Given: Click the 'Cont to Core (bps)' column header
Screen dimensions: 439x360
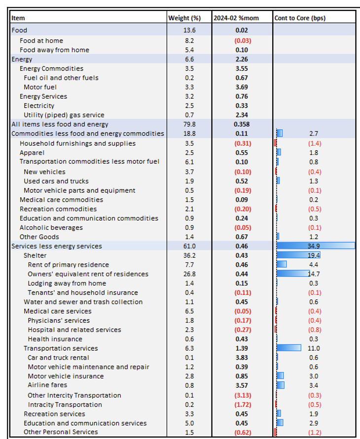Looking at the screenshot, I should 300,18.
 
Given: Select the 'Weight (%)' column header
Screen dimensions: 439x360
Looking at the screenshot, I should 184,18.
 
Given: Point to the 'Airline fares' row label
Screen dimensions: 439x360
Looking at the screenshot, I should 47,385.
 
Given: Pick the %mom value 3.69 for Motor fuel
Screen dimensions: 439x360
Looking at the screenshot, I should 242,87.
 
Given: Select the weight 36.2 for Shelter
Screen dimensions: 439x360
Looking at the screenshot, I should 189,256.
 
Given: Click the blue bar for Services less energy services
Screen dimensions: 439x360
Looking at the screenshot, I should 316,246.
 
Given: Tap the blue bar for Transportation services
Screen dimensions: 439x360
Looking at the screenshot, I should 289,348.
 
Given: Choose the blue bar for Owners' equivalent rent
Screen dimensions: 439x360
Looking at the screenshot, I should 293,274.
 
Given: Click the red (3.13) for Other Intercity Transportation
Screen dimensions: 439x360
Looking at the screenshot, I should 242,395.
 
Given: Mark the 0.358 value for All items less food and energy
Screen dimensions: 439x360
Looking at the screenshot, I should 242,124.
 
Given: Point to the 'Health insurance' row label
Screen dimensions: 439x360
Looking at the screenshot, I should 55,339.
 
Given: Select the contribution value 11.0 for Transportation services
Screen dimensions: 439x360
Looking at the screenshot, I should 314,348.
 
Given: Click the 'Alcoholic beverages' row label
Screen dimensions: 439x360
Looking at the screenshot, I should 51,227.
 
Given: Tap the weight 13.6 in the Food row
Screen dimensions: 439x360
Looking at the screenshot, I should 189,31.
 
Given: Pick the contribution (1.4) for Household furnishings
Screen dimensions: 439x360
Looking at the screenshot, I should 314,144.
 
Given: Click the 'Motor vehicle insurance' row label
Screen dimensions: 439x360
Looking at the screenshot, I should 66,376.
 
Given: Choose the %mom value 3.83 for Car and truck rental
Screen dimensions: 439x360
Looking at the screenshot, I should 242,358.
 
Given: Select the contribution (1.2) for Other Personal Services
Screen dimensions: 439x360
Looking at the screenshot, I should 314,432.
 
